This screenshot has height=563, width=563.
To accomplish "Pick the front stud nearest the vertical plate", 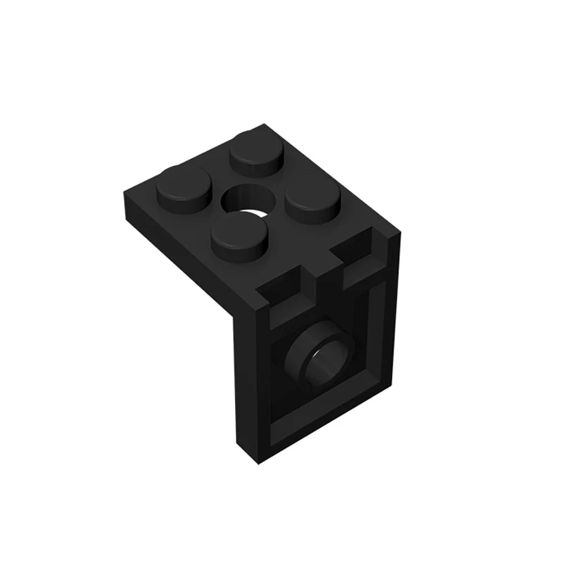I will click(241, 236).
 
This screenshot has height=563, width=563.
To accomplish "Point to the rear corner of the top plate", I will click(267, 125).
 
